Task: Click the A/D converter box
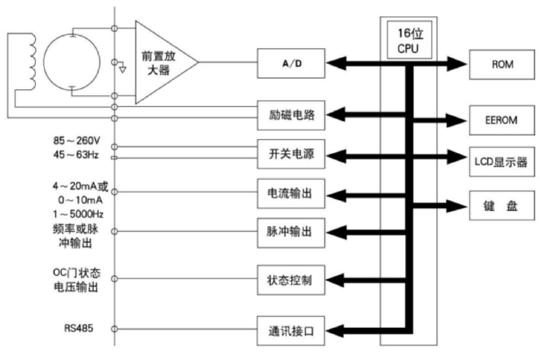[292, 63]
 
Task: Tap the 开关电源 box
[292, 155]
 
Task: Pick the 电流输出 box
[292, 193]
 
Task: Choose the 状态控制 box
[292, 280]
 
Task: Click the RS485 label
[78, 329]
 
